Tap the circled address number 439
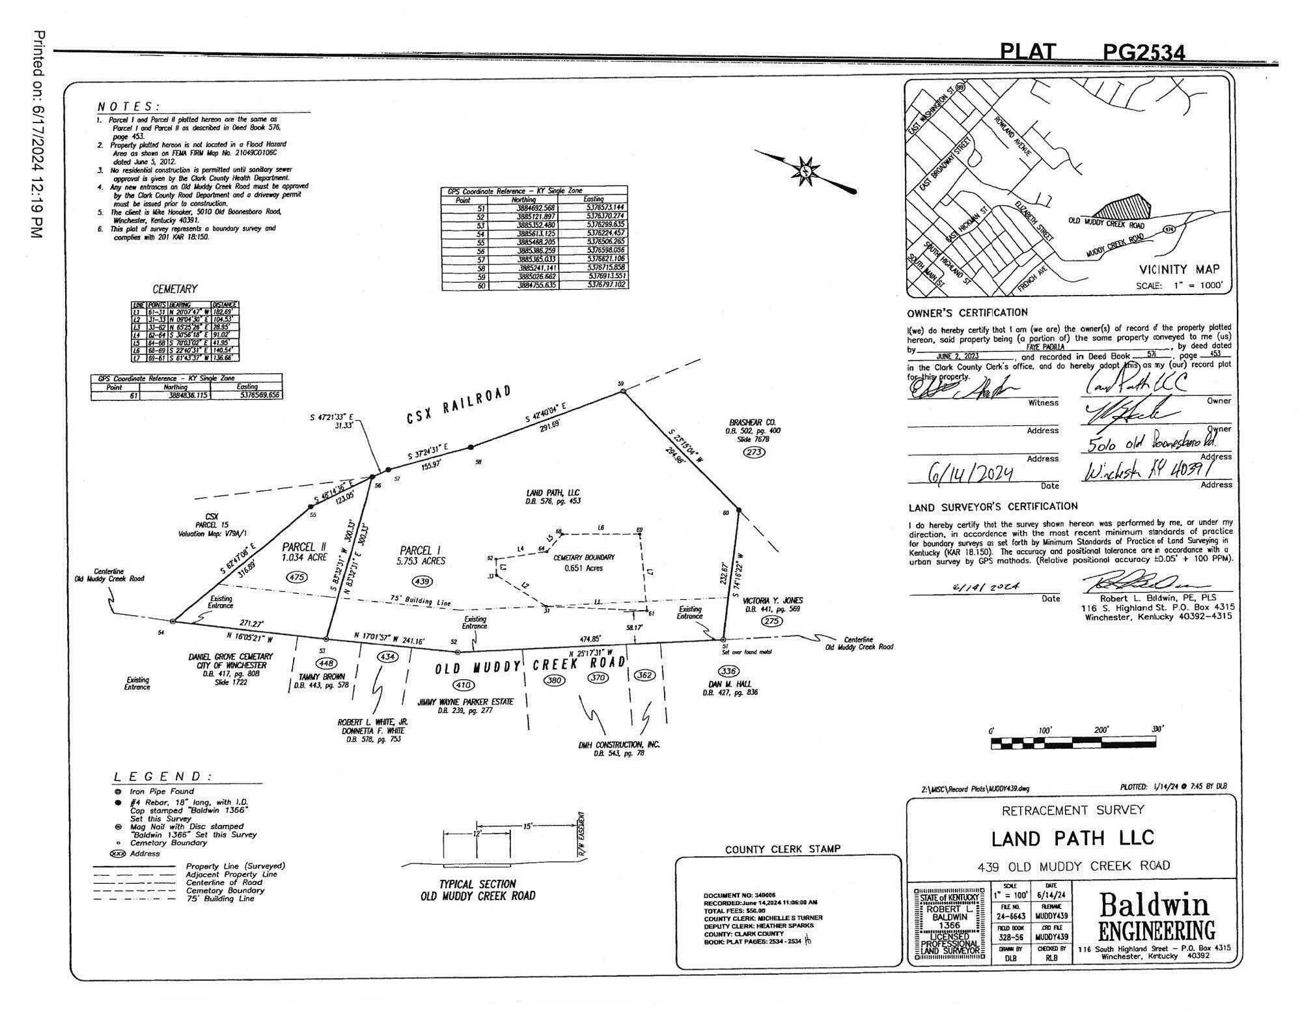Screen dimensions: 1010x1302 pyautogui.click(x=423, y=581)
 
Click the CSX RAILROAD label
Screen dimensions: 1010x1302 pyautogui.click(x=459, y=406)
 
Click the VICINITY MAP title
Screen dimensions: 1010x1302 pyautogui.click(x=1179, y=269)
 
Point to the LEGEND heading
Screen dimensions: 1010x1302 pyautogui.click(x=163, y=776)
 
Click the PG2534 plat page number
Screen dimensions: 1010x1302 pyautogui.click(x=1143, y=52)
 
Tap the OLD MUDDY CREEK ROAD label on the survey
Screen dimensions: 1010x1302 pyautogui.click(x=531, y=665)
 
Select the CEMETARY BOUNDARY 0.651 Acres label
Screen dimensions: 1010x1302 pyautogui.click(x=583, y=563)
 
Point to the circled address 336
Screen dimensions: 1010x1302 pyautogui.click(x=727, y=671)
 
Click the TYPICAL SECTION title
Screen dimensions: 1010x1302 pyautogui.click(x=477, y=890)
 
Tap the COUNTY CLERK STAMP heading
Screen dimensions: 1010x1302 pyautogui.click(x=783, y=849)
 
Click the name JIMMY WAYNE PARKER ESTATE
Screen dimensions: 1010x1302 pyautogui.click(x=465, y=702)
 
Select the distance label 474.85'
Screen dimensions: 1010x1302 pyautogui.click(x=584, y=639)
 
